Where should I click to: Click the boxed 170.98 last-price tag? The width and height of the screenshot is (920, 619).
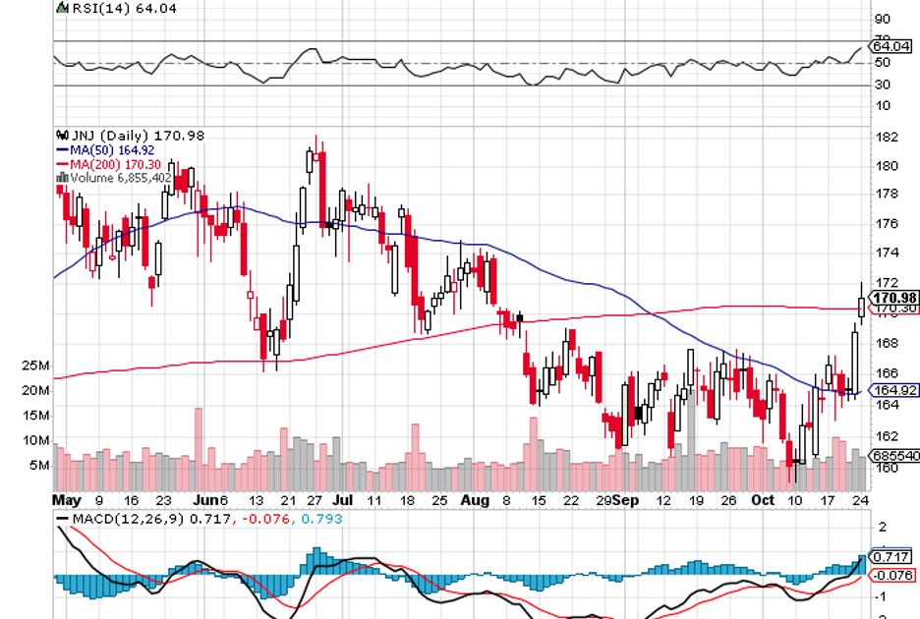point(894,297)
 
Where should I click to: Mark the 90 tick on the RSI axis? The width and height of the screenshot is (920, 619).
point(883,20)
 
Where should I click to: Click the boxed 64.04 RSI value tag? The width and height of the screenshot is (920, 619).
point(892,46)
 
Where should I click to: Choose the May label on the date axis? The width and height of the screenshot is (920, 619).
point(66,500)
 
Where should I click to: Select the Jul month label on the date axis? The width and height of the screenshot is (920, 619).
point(340,500)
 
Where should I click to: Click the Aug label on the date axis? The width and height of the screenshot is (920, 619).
point(475,500)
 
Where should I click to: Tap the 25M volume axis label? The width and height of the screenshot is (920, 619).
point(36,366)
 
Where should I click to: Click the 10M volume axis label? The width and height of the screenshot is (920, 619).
point(36,441)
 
